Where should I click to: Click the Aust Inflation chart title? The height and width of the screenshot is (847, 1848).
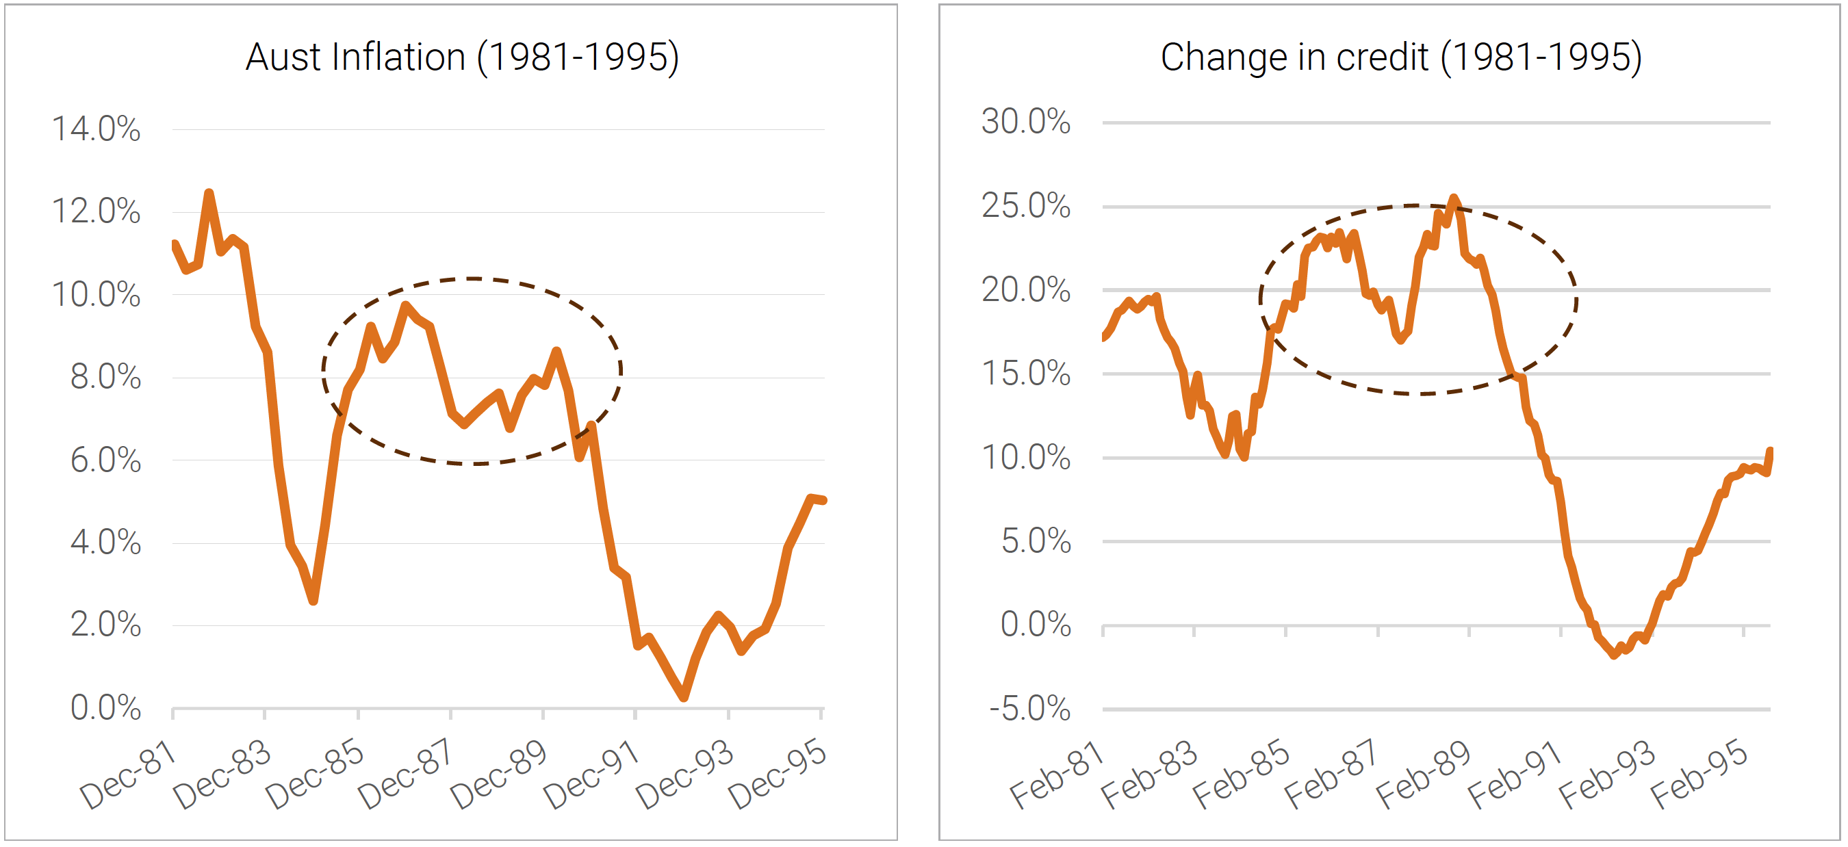[x=462, y=57]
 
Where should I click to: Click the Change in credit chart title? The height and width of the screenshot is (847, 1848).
[x=1400, y=57]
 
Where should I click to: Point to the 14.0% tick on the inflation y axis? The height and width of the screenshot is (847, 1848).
[x=95, y=130]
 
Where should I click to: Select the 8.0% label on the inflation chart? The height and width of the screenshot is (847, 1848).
[x=105, y=377]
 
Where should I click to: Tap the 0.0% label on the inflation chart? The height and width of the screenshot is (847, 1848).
[x=105, y=708]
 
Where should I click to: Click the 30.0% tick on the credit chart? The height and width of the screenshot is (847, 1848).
[x=1025, y=122]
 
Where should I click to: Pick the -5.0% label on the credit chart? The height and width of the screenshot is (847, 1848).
[x=1029, y=709]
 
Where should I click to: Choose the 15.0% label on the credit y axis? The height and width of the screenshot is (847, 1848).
[x=1025, y=374]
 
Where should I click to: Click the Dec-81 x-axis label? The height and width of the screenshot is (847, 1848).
[x=129, y=775]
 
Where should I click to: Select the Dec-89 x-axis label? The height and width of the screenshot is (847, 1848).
[x=498, y=775]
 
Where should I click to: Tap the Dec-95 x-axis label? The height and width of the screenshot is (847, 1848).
[x=777, y=775]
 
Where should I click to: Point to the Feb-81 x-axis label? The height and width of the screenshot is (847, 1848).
[x=1056, y=775]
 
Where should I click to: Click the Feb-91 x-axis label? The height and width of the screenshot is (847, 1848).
[x=1514, y=775]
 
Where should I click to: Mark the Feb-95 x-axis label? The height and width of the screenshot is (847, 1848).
[x=1698, y=775]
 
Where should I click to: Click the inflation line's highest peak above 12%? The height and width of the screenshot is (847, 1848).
[x=209, y=193]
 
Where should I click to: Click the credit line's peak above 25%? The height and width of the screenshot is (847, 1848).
[x=1454, y=197]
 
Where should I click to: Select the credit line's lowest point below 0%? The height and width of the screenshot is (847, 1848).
[x=1614, y=655]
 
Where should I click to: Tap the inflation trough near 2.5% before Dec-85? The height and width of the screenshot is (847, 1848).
[x=313, y=601]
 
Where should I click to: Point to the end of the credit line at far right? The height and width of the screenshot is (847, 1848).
[x=1770, y=451]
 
